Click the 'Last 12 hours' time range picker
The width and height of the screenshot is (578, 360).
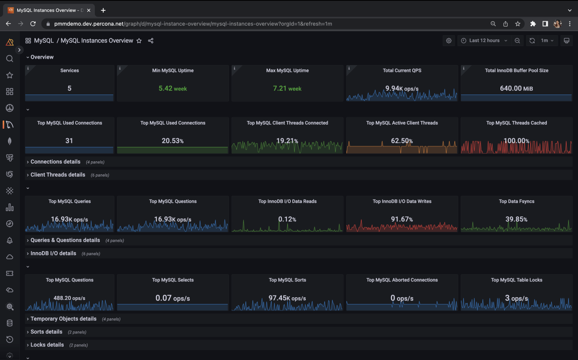484,41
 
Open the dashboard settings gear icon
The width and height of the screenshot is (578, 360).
448,41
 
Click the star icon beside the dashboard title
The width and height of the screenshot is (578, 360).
139,41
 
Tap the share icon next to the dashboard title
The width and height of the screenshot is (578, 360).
151,41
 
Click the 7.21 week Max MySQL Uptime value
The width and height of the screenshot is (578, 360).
287,89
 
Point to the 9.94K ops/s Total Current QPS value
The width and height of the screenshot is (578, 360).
402,89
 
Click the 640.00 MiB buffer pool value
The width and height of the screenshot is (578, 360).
516,89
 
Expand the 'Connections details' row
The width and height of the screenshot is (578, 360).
55,162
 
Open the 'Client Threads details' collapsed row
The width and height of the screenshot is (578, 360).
57,175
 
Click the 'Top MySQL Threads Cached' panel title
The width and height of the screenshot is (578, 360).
516,123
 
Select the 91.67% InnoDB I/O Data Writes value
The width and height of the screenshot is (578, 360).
402,220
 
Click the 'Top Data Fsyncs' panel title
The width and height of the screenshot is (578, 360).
516,201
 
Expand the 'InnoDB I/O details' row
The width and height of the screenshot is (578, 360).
53,253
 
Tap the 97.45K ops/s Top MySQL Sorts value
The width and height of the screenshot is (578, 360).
287,298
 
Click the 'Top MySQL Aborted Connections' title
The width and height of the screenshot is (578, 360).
402,280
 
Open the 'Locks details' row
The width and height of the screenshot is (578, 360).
47,345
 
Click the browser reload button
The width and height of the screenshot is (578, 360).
33,23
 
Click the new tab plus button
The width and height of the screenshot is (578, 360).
103,10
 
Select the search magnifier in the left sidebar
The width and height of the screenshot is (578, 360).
9,59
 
